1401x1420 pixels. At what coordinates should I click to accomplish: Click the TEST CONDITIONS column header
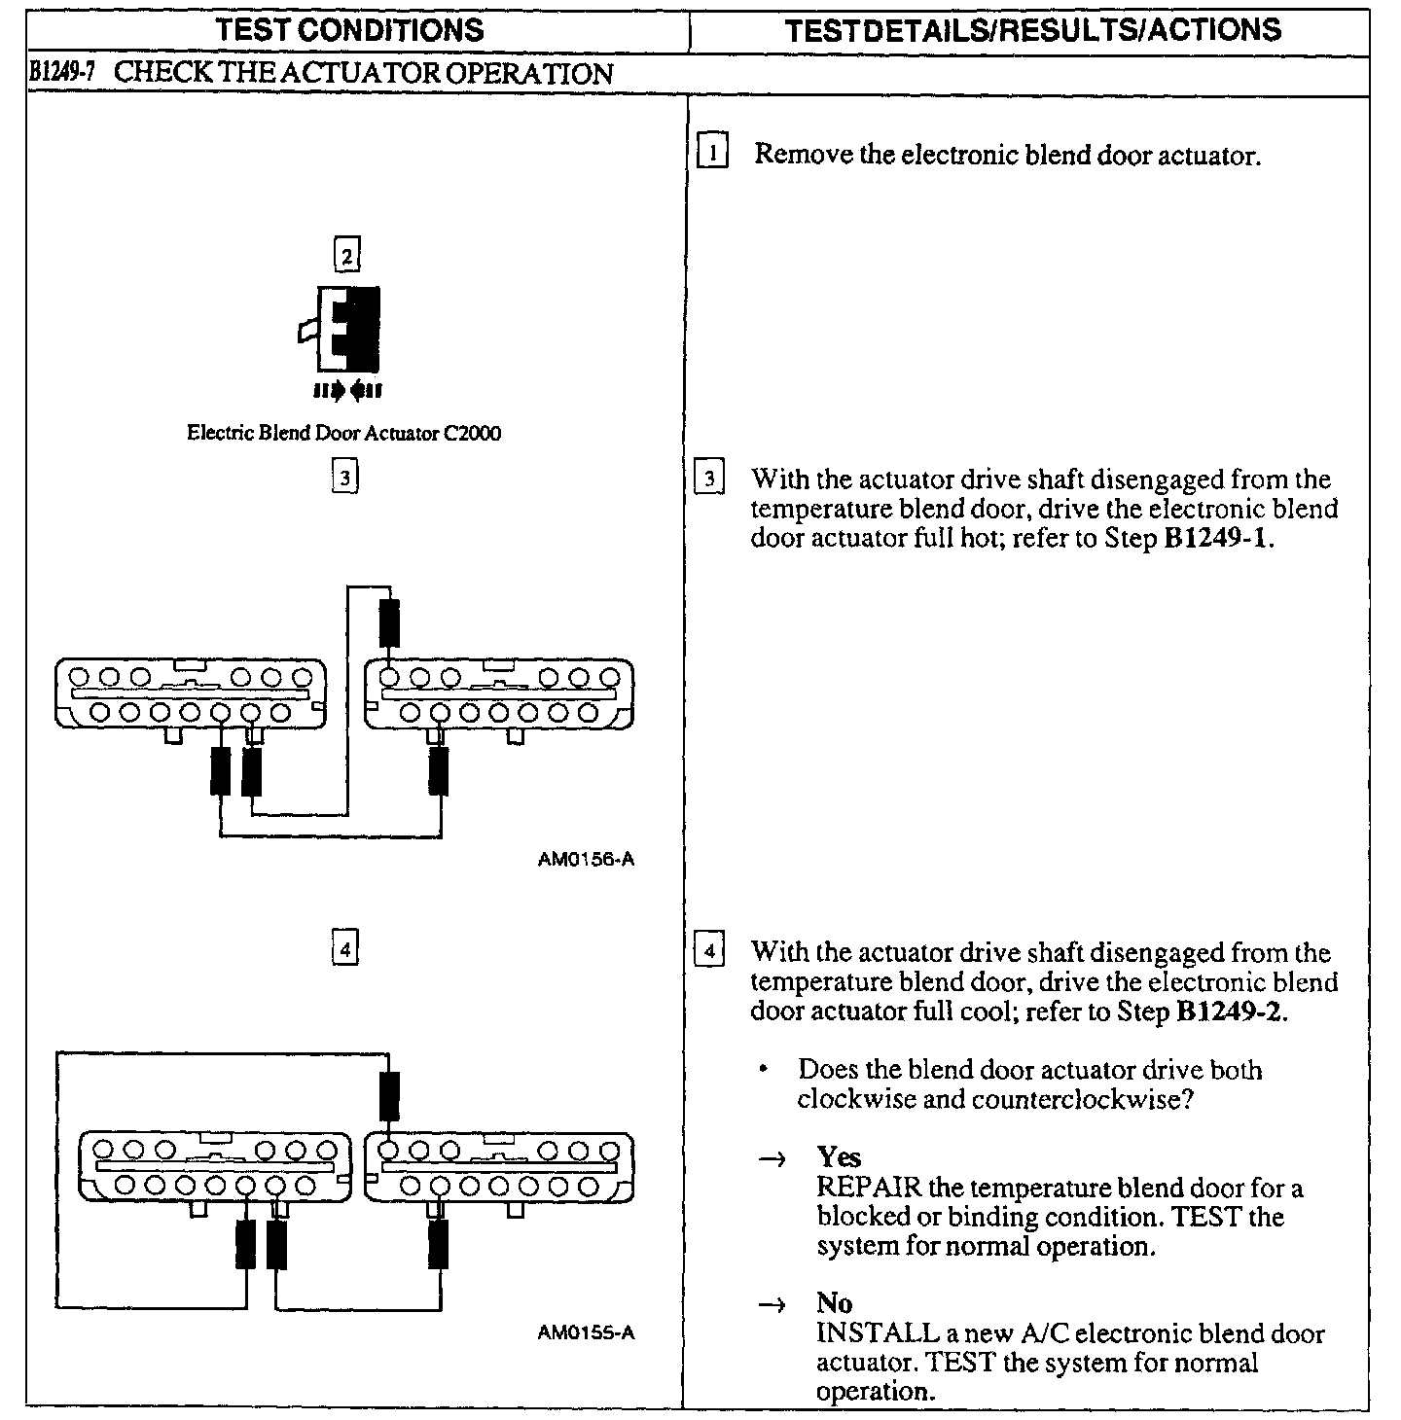[x=350, y=29]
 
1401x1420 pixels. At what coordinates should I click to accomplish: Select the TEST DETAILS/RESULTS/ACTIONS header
[x=1033, y=29]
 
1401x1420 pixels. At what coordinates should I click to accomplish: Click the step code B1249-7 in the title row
[x=60, y=74]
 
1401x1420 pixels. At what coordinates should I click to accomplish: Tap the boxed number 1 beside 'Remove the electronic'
[x=713, y=153]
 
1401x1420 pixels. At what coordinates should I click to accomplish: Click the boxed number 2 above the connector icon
[x=345, y=256]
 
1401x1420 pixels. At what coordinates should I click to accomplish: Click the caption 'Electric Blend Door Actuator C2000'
[x=343, y=434]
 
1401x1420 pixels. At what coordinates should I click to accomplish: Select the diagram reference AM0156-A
[x=586, y=860]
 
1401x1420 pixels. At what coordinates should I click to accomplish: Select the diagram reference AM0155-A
[x=586, y=1332]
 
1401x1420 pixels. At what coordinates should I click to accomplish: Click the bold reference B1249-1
[x=1217, y=538]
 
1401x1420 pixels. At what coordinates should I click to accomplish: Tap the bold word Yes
[x=839, y=1156]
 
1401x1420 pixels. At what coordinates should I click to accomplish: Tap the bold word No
[x=834, y=1303]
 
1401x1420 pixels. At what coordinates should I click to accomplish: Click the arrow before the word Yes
[x=774, y=1158]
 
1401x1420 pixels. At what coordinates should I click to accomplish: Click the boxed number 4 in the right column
[x=709, y=950]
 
